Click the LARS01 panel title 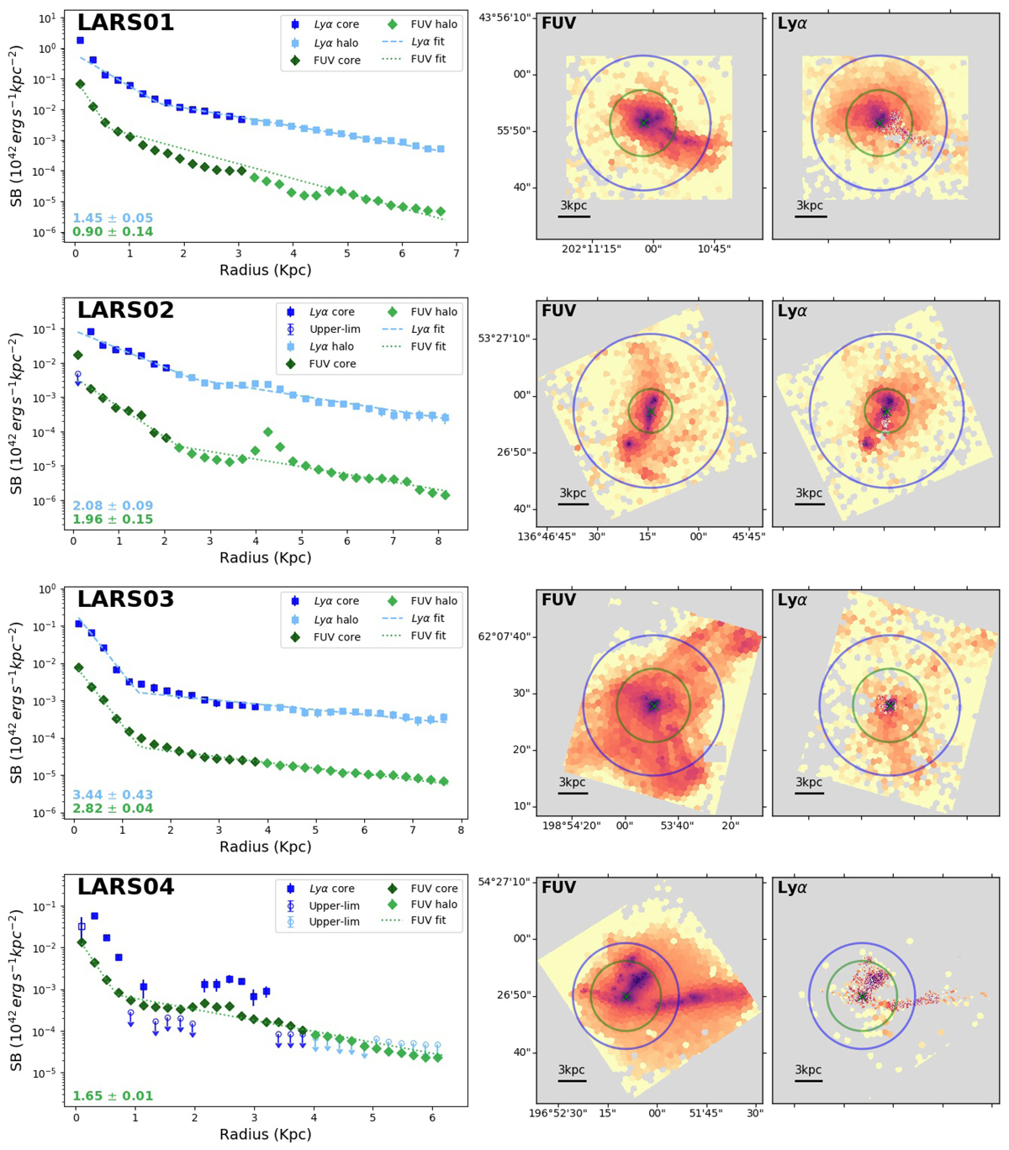(126, 23)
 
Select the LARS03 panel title (126, 599)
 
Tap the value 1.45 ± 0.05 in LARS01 (113, 219)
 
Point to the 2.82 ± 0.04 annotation (113, 809)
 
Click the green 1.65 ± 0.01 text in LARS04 (113, 1096)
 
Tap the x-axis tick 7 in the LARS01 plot (456, 253)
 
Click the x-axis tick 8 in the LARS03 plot (461, 830)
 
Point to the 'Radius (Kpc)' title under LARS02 (265, 557)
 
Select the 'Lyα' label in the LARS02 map (792, 311)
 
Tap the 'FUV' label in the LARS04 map (559, 888)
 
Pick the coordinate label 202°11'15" (593, 249)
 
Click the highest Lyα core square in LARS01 (80, 40)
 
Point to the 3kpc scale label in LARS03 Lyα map (809, 782)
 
